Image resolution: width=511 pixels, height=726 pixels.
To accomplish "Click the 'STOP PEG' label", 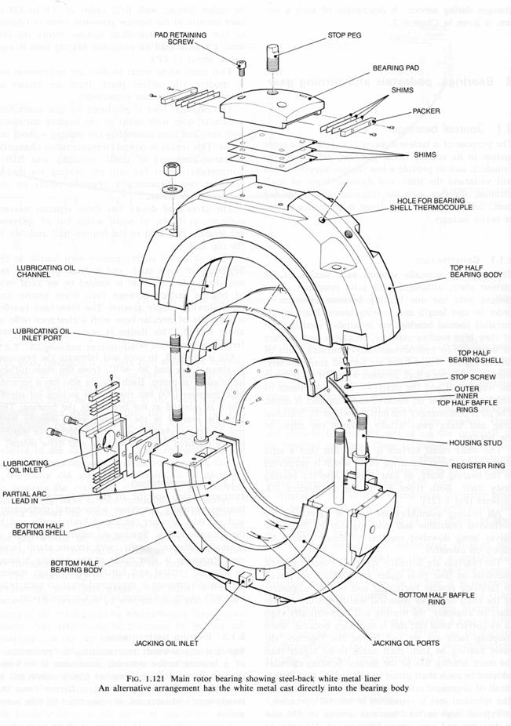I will pos(346,36).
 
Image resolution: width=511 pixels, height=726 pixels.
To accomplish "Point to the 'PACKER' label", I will pos(427,111).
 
